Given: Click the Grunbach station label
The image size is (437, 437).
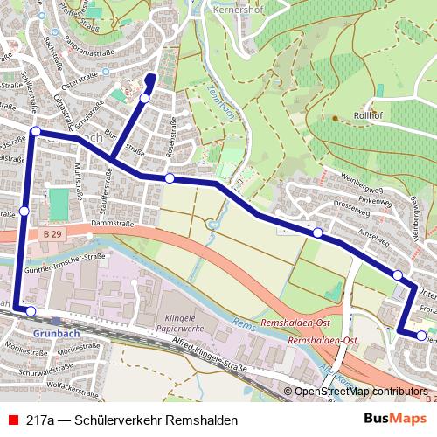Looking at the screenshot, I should coord(57,333).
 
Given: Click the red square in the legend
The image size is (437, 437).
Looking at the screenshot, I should coord(11,420).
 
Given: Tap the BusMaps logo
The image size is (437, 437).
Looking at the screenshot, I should coord(395,420).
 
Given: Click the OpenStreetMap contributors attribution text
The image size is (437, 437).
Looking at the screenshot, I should coord(359,392).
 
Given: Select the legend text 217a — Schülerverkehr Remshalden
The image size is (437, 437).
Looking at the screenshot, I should coord(132,420).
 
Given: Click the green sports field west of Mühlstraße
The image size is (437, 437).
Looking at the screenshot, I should coord(59,205).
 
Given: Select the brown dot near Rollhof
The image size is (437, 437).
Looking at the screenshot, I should coord(334,117).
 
